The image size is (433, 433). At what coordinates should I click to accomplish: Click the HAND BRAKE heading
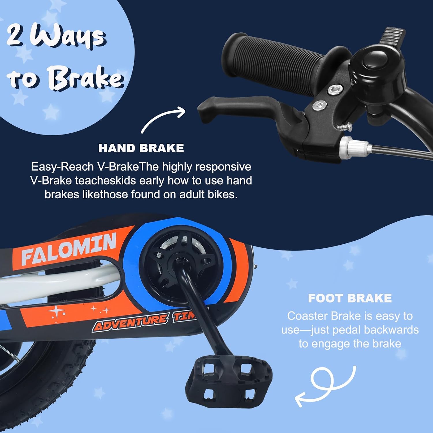[141, 148]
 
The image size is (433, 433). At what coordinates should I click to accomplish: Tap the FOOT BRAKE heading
[350, 298]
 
